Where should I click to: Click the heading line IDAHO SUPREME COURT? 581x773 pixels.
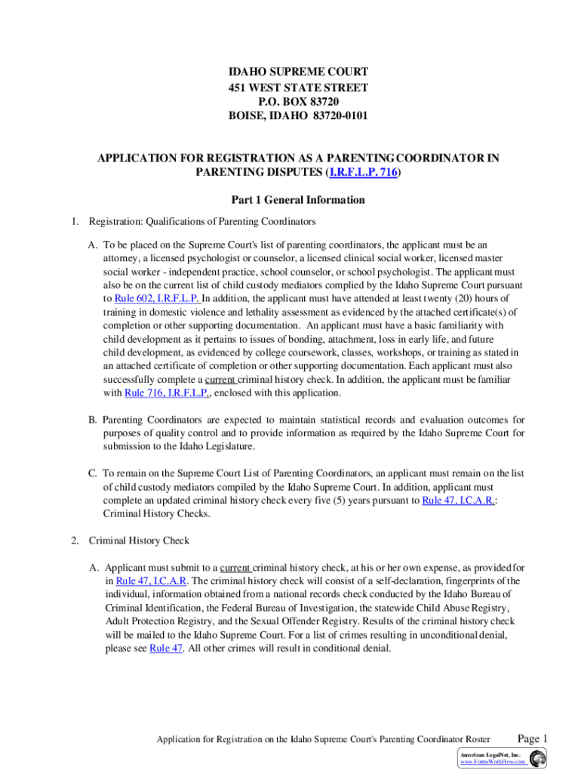point(298,72)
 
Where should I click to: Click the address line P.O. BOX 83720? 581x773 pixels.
point(298,101)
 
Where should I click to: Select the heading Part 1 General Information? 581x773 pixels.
point(298,200)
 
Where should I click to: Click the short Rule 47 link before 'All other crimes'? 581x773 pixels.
point(166,648)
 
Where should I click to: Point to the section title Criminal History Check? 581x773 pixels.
point(139,540)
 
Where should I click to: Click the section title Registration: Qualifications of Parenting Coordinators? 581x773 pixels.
point(202,221)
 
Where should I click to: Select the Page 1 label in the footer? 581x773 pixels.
point(532,738)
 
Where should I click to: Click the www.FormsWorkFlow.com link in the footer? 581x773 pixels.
point(493,763)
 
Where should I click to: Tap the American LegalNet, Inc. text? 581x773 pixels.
point(490,755)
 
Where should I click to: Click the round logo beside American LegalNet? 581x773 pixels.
point(538,759)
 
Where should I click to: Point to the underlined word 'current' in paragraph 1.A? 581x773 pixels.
point(222,380)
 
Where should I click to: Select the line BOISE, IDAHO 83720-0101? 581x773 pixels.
point(298,115)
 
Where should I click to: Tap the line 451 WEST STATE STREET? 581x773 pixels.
point(298,87)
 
